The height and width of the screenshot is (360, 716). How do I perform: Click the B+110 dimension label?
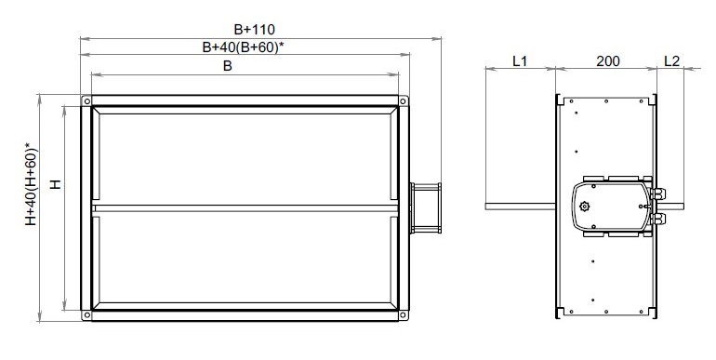[255, 30]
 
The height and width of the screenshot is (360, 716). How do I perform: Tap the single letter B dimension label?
[228, 66]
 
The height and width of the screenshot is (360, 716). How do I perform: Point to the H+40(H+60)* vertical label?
[31, 184]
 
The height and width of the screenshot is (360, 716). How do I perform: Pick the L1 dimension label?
[520, 60]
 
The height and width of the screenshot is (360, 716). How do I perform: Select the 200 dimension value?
[608, 60]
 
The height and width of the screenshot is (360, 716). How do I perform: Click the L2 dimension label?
[671, 60]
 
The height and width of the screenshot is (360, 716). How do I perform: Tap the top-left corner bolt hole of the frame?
[86, 101]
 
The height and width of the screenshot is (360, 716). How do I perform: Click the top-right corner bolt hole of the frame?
[403, 101]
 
